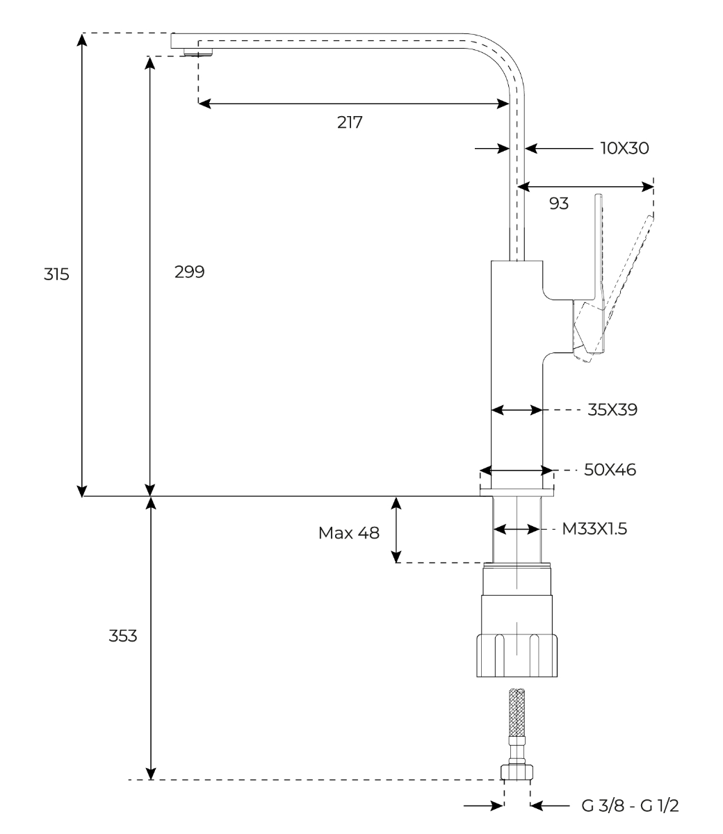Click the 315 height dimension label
(x=56, y=274)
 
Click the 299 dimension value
(x=190, y=272)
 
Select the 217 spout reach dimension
(x=350, y=122)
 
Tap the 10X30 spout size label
(x=624, y=148)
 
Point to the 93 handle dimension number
(x=559, y=204)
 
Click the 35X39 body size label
(x=612, y=410)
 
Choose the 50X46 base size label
(x=610, y=470)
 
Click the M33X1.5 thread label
(x=594, y=530)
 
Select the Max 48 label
(x=349, y=533)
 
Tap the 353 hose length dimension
(x=122, y=636)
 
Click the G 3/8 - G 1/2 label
(x=630, y=806)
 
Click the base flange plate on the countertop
(x=517, y=492)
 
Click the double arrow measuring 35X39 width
(x=517, y=411)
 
